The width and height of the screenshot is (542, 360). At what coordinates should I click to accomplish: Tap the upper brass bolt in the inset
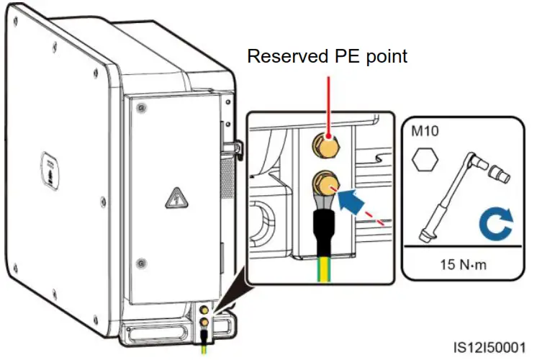[328, 147]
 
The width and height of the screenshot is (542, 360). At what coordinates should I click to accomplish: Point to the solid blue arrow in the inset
[356, 198]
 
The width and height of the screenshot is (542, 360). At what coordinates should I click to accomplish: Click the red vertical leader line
[328, 101]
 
